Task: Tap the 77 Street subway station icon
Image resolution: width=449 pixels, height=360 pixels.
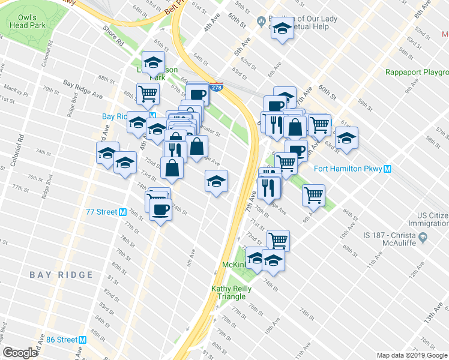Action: coord(122,212)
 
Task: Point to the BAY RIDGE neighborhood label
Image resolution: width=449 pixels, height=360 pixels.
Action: coord(62,275)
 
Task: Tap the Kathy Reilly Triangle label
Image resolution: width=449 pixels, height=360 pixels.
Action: coord(228,292)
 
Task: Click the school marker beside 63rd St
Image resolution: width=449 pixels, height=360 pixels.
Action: coord(346,137)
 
